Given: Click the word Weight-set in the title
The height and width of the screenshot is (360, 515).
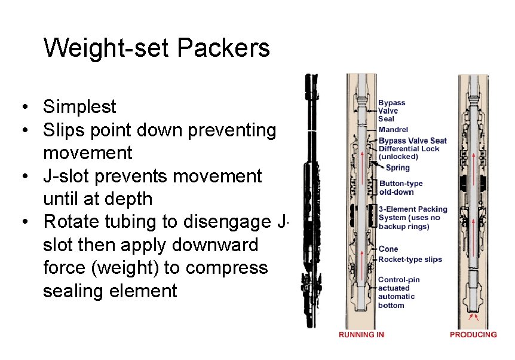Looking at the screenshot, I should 107,48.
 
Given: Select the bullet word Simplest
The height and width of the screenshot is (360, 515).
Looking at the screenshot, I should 79,107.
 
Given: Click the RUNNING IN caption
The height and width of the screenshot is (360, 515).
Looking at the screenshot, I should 361,335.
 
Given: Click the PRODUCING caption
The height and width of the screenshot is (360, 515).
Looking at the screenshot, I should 473,335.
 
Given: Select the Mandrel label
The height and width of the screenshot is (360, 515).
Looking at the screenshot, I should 393,129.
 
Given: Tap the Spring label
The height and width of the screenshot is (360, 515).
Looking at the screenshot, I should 398,168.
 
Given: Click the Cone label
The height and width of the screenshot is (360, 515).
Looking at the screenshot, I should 388,249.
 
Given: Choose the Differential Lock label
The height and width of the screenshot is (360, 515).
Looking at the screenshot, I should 409,149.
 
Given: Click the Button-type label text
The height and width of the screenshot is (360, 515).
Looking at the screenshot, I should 401,184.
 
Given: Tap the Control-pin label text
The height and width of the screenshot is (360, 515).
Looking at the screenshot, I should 399,279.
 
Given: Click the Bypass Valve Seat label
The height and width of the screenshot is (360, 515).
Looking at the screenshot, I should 413,141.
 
